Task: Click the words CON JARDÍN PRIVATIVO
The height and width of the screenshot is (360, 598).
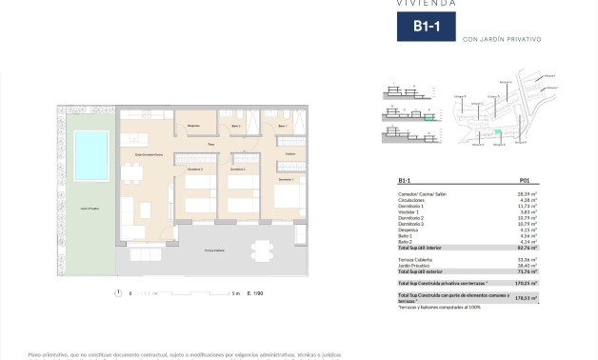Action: coord(501,39)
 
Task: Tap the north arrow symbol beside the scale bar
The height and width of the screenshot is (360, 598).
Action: coord(116,293)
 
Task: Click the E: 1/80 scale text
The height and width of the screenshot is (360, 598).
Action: coord(254,293)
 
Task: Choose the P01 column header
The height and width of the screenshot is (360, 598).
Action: coord(524,180)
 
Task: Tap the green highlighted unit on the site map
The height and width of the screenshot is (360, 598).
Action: coord(497,131)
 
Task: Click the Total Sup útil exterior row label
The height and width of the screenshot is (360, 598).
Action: coord(424,271)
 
